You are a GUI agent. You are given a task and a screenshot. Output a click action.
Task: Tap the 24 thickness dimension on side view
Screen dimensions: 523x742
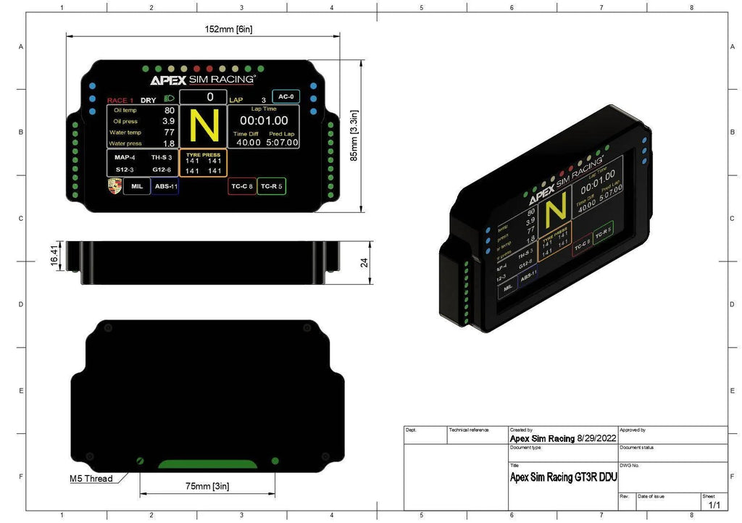tap(364, 263)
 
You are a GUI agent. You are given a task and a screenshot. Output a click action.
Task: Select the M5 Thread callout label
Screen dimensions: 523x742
tap(91, 479)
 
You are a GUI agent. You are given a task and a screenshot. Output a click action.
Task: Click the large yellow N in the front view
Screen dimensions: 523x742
tap(204, 126)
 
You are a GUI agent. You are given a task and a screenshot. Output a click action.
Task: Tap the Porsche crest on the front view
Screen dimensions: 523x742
tap(114, 186)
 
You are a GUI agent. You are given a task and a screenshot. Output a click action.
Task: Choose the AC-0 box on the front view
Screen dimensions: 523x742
tap(285, 96)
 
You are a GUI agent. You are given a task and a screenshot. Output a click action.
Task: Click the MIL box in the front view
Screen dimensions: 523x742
tap(136, 186)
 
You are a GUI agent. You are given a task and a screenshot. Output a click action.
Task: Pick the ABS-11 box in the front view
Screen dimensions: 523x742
tap(165, 186)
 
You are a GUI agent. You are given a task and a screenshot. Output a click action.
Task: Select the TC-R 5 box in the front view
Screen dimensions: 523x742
tap(272, 186)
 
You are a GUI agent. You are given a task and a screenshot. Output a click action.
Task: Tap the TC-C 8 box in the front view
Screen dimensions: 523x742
tap(241, 186)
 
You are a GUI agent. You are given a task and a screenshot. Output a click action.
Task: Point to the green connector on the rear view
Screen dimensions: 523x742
tap(207, 464)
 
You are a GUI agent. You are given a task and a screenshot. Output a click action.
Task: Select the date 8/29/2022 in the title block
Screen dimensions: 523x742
tap(596, 438)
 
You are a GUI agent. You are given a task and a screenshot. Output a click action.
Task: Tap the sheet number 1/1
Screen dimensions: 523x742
tap(713, 503)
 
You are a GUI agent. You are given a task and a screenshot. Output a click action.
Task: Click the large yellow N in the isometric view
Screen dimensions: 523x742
tap(556, 212)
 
